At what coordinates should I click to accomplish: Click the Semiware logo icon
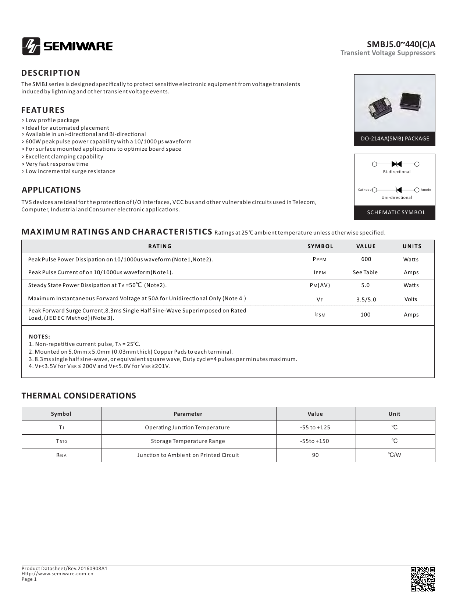[31, 46]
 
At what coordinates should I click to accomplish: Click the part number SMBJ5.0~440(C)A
[401, 44]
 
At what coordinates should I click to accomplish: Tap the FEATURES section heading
[43, 110]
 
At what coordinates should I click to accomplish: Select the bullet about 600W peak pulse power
[107, 142]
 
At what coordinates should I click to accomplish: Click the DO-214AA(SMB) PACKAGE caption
[395, 139]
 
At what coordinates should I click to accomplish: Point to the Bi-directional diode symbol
[396, 164]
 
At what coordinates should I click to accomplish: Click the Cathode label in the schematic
[364, 190]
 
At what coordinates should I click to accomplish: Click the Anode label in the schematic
[425, 190]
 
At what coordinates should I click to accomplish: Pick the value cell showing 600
[366, 259]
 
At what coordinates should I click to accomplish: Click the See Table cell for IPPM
[365, 272]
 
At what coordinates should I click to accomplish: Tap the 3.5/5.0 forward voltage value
[366, 299]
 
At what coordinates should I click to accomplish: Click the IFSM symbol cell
[320, 315]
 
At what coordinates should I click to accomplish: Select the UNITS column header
[412, 246]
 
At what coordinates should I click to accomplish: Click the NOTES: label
[40, 337]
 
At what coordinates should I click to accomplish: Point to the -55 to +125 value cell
[315, 428]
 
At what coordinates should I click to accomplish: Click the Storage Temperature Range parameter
[188, 441]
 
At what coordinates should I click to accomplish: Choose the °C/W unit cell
[394, 455]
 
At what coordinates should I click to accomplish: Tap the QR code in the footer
[423, 579]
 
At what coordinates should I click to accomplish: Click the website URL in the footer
[57, 573]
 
